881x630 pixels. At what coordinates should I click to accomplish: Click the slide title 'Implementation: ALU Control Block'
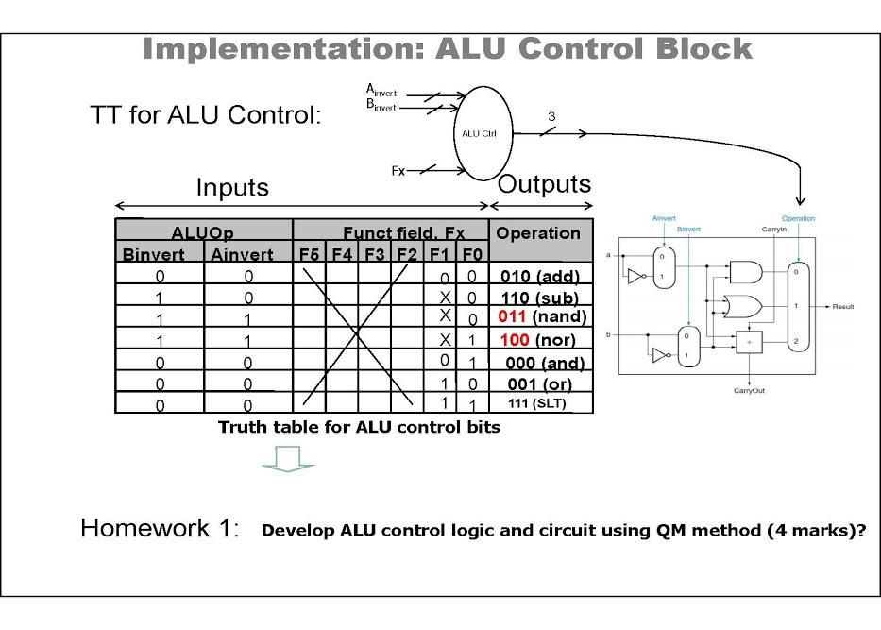(x=448, y=49)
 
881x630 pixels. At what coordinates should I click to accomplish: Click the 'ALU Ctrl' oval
(x=479, y=133)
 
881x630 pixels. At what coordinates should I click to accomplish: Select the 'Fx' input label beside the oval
(x=398, y=170)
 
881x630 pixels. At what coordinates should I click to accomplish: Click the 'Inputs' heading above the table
(x=232, y=188)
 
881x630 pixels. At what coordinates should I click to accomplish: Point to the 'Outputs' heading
(x=544, y=184)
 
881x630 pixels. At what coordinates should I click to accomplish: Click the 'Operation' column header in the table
(x=538, y=233)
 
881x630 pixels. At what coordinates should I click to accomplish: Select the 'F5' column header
(x=309, y=254)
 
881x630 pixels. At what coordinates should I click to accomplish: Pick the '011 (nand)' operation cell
(x=542, y=316)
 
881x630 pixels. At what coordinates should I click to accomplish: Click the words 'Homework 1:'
(x=161, y=528)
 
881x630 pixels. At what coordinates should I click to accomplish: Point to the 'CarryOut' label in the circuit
(x=749, y=389)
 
